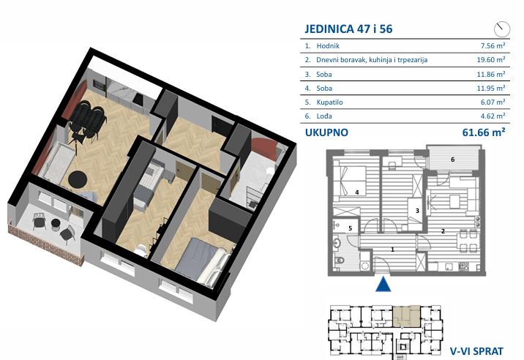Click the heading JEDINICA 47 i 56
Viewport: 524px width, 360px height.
348,29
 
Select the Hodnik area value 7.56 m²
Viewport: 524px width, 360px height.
493,45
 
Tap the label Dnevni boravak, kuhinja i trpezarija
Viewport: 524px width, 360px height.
372,60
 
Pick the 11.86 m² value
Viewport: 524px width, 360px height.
490,74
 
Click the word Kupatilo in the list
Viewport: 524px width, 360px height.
329,102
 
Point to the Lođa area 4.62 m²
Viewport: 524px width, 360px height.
493,116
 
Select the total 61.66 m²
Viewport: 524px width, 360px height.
483,132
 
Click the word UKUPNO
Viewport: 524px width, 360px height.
326,132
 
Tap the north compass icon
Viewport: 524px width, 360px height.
502,29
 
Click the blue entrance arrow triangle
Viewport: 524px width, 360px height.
383,284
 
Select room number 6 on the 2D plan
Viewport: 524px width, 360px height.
453,160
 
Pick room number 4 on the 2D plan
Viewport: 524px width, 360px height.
357,192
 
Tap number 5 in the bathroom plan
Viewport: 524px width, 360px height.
351,228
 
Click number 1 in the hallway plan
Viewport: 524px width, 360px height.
393,250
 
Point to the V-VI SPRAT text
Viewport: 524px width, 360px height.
476,351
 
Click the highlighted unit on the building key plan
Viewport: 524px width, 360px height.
406,316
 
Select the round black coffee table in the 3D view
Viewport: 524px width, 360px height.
78,179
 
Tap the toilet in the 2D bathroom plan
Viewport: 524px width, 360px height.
339,260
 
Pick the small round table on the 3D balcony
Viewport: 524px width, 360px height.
56,223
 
